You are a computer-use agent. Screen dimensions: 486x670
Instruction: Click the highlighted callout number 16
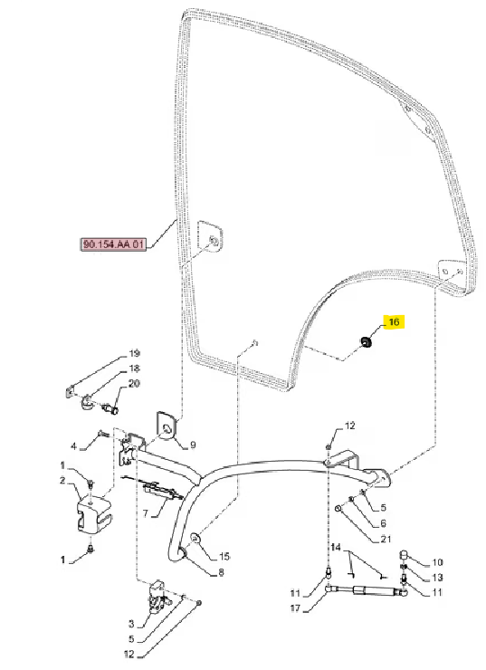coord(394,321)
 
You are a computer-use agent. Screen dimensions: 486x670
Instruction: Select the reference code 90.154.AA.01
coord(114,244)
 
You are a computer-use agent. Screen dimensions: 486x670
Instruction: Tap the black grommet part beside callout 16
coord(366,341)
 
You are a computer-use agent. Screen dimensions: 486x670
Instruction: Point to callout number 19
coord(134,354)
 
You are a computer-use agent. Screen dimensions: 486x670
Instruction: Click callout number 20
coord(134,384)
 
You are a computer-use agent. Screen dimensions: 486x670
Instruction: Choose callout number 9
coord(193,445)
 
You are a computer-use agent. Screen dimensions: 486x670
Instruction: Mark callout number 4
coord(73,446)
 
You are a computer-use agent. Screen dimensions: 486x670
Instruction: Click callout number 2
coord(62,481)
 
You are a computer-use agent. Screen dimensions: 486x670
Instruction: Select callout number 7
coord(145,512)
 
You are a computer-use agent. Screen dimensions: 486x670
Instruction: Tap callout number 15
coord(224,556)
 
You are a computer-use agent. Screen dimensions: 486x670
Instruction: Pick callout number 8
coord(221,572)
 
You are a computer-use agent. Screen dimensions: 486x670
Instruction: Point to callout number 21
coord(386,540)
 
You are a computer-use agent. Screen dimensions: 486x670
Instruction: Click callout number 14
coord(336,548)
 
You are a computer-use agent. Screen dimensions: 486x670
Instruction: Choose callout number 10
coord(437,562)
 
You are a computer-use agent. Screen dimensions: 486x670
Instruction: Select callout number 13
coord(437,578)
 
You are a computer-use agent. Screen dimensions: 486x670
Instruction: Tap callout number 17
coord(296,608)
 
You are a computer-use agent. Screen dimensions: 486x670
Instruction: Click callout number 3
coord(131,625)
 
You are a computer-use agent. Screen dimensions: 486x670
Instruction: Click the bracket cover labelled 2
coord(94,512)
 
